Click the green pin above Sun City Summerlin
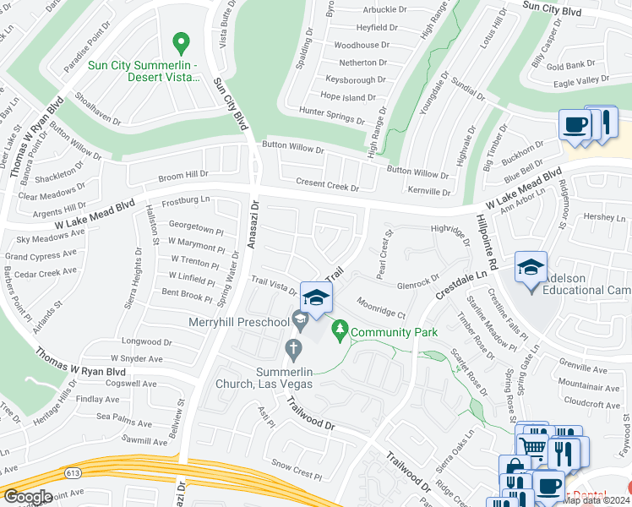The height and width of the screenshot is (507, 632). pos(179,42)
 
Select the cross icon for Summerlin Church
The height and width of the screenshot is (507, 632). pos(293,347)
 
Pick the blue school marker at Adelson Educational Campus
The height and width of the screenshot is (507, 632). pos(531,269)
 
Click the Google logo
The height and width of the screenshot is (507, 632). pos(28,497)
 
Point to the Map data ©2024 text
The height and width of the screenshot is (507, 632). pos(597,500)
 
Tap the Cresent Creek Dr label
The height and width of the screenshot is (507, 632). pos(327,183)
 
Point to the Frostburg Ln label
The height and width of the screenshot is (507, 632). pos(185,200)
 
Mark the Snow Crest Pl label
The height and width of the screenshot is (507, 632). pos(292,464)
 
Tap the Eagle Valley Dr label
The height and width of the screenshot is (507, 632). pos(580,80)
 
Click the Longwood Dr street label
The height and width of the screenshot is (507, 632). pos(147,342)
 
